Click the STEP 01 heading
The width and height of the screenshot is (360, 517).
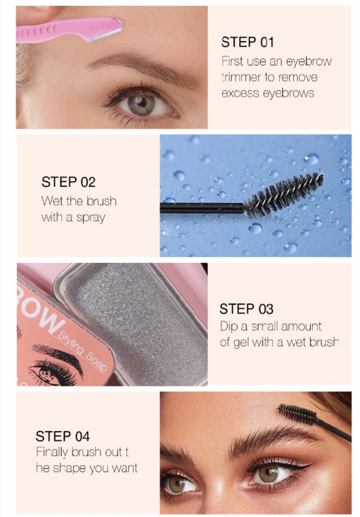pyautogui.click(x=247, y=42)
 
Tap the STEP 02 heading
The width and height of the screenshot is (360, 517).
pyautogui.click(x=68, y=182)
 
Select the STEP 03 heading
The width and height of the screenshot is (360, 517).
pyautogui.click(x=246, y=309)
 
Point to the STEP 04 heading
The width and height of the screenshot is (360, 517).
pyautogui.click(x=63, y=436)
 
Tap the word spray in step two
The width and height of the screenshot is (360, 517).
pyautogui.click(x=91, y=218)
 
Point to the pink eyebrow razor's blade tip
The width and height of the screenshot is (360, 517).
pyautogui.click(x=122, y=29)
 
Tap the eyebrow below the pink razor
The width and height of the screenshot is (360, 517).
pyautogui.click(x=143, y=69)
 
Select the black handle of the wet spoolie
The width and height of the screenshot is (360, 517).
pyautogui.click(x=202, y=208)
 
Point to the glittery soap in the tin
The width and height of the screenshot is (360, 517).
pyautogui.click(x=136, y=321)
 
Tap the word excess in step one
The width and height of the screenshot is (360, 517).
pyautogui.click(x=240, y=93)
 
